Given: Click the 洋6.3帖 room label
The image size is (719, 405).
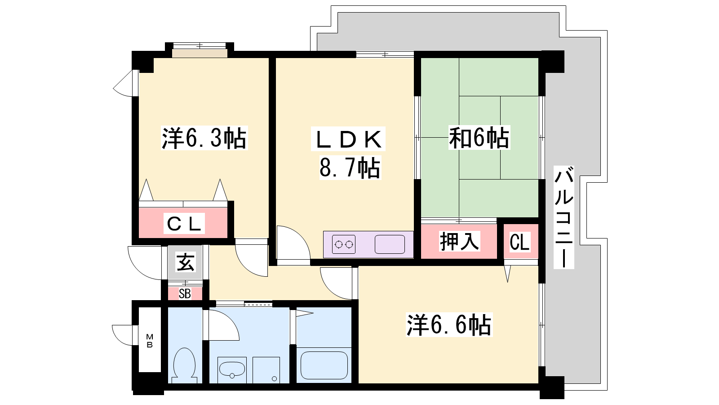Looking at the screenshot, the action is pyautogui.click(x=204, y=138).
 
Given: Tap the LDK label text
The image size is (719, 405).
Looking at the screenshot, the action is pyautogui.click(x=348, y=139).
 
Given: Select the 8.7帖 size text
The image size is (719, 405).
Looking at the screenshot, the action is pyautogui.click(x=350, y=167).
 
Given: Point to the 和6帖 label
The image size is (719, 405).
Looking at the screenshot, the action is pyautogui.click(x=479, y=138).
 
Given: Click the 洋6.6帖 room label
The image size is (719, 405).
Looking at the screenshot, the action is pyautogui.click(x=449, y=324).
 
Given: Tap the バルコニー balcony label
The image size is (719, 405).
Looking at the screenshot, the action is pyautogui.click(x=564, y=217).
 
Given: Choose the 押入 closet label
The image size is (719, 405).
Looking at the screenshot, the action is pyautogui.click(x=459, y=241).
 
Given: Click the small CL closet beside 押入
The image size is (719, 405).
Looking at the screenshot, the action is pyautogui.click(x=519, y=242).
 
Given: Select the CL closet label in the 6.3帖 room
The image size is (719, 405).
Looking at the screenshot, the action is pyautogui.click(x=184, y=223).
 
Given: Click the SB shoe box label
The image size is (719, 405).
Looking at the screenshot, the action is pyautogui.click(x=185, y=294).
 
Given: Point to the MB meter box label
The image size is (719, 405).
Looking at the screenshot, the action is pyautogui.click(x=150, y=341).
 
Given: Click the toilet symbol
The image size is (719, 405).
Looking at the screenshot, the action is pyautogui.click(x=185, y=365).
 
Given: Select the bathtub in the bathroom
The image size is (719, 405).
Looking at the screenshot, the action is pyautogui.click(x=324, y=365).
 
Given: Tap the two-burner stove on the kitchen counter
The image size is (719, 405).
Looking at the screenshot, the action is pyautogui.click(x=344, y=245).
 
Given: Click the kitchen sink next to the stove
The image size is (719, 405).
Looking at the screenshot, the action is pyautogui.click(x=390, y=244).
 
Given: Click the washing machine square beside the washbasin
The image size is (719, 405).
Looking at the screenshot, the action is pyautogui.click(x=266, y=370).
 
